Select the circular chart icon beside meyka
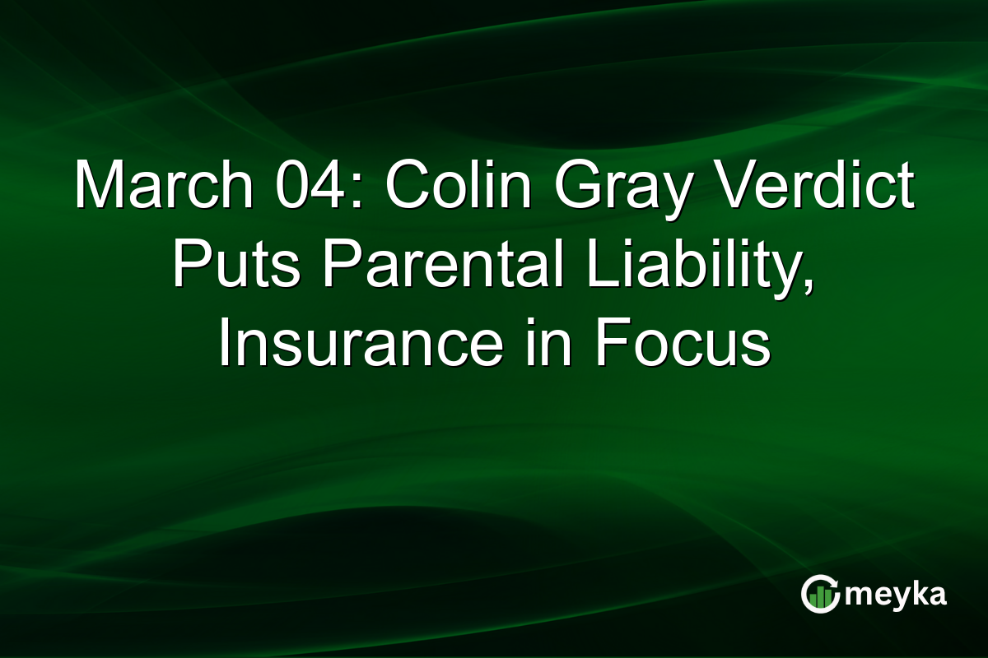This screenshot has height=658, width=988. [820, 595]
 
